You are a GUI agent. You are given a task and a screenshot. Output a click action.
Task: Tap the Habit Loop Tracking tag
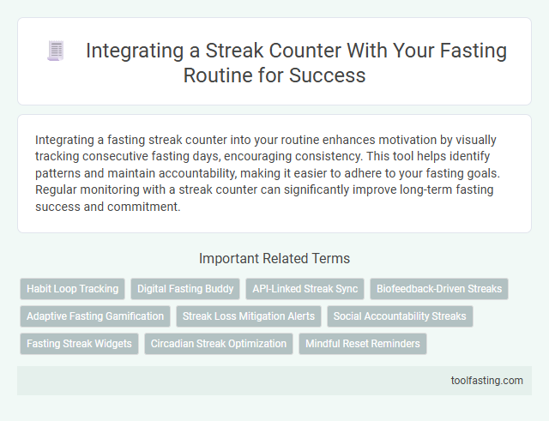pos(72,289)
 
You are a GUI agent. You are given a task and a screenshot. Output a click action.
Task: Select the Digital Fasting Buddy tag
pos(185,289)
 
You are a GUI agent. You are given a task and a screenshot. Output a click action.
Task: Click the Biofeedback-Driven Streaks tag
pos(439,289)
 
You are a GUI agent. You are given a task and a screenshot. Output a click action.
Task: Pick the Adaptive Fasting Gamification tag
pos(95,316)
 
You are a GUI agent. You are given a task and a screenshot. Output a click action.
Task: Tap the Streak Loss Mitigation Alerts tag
pos(249,316)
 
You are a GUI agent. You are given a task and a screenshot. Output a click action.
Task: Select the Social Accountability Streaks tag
pos(400,316)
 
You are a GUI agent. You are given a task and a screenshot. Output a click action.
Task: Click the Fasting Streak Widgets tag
pos(79,344)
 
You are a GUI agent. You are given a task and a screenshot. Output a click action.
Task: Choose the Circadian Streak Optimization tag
pos(219,344)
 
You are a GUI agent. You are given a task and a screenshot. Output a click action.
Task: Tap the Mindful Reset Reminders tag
pos(362,344)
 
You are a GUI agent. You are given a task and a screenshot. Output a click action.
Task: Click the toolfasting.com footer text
pos(486,381)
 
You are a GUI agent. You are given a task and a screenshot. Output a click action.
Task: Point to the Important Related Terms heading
pos(274,258)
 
